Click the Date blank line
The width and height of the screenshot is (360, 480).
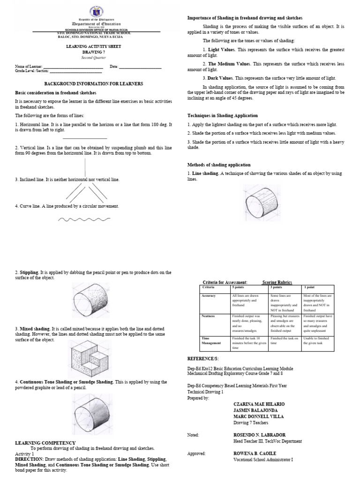pos(140,67)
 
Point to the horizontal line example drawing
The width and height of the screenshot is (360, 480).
pos(85,138)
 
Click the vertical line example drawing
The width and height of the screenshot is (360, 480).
pos(85,167)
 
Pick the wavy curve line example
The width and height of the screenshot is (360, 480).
pos(84,219)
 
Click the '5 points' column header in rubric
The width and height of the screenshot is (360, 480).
pos(239,287)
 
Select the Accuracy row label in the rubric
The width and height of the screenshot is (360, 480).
pos(208,296)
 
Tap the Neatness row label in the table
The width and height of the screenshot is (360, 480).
pos(208,316)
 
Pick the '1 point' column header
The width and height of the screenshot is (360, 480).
pos(309,287)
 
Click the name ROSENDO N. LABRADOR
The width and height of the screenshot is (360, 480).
pos(259,435)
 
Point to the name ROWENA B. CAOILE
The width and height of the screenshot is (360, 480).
pos(255,453)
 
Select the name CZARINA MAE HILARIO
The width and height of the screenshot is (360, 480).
pos(258,404)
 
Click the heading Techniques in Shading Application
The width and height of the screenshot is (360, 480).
pos(222,115)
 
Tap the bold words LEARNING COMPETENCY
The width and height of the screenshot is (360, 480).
pos(45,442)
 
